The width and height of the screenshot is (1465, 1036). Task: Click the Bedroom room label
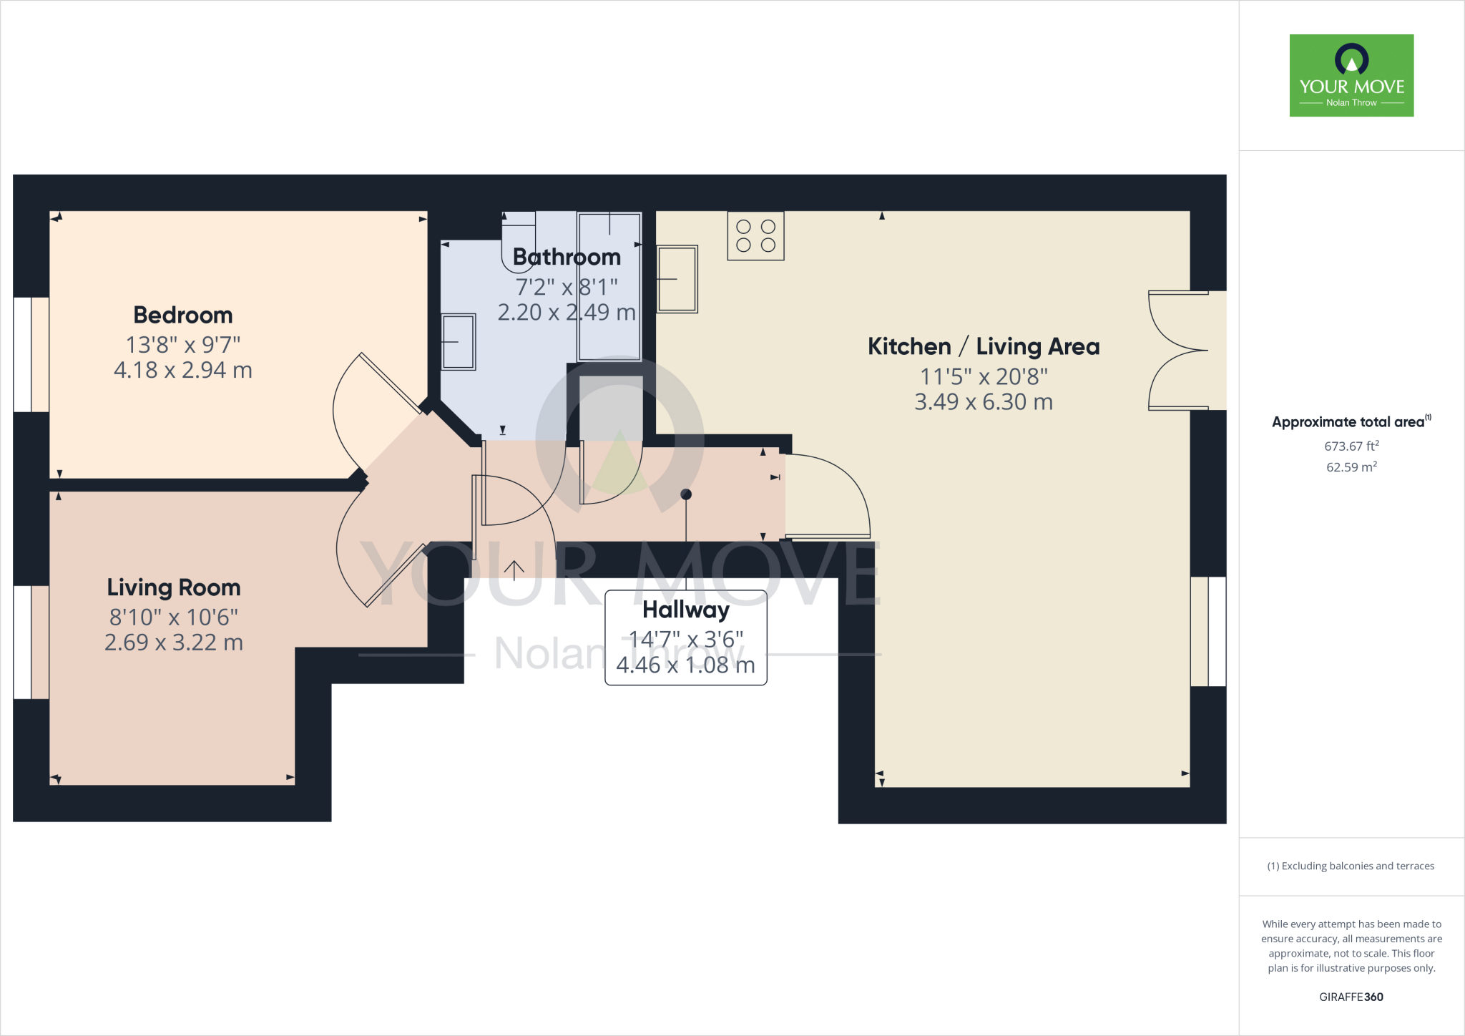[x=183, y=315]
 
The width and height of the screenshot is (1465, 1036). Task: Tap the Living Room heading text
[x=174, y=587]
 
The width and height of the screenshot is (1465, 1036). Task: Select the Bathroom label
[x=567, y=257]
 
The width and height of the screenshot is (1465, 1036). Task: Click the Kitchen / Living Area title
[x=984, y=346]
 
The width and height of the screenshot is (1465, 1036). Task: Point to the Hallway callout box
[x=685, y=637]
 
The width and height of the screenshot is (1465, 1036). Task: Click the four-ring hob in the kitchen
[x=755, y=236]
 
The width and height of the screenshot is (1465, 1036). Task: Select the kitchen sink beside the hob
[x=677, y=279]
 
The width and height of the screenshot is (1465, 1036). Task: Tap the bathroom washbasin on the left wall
[x=458, y=341]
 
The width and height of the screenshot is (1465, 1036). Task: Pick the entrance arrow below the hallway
[x=514, y=570]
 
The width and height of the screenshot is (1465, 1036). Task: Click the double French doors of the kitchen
[x=1180, y=351]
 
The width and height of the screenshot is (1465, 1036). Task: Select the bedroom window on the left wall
[x=31, y=354]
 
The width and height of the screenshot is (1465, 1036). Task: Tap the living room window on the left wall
[x=31, y=642]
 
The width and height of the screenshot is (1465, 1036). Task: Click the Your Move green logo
[x=1351, y=75]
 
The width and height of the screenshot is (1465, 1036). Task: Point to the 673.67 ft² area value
[x=1351, y=446]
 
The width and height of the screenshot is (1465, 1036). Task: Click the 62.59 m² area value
[x=1351, y=467]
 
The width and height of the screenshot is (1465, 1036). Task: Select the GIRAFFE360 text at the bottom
[x=1351, y=997]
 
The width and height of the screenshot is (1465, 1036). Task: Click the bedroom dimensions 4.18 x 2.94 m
[x=183, y=370]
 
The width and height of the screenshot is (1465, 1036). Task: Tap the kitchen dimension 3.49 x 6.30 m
[x=984, y=402]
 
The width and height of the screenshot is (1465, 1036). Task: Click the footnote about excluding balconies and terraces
[x=1351, y=866]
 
